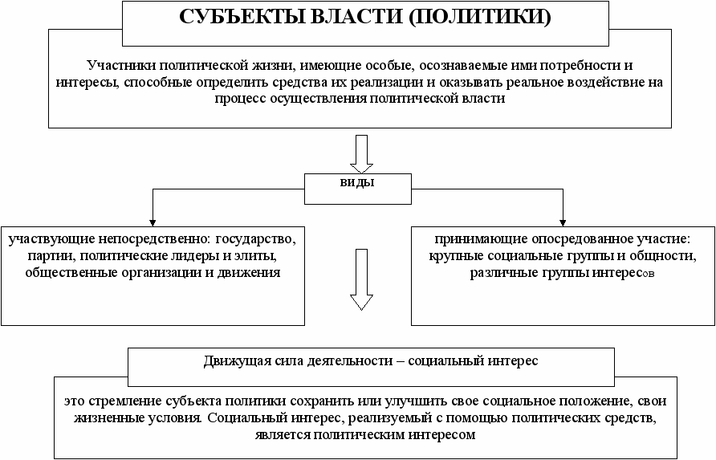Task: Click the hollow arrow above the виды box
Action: [361, 153]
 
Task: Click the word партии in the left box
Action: [52, 256]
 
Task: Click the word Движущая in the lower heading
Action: [238, 360]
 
